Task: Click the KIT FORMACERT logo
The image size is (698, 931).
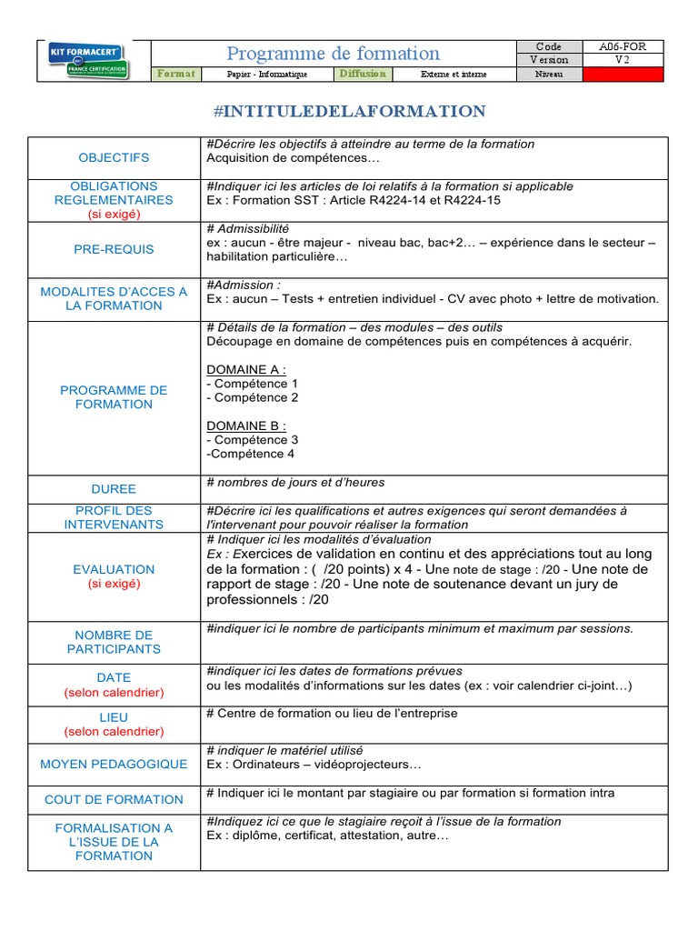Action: [x=88, y=60]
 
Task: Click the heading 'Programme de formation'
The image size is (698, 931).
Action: [x=333, y=54]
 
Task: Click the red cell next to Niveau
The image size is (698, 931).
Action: [x=623, y=75]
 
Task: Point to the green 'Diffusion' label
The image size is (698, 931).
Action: [x=363, y=74]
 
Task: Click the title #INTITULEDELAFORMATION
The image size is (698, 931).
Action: [x=349, y=112]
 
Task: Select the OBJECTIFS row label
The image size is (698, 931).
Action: [x=114, y=158]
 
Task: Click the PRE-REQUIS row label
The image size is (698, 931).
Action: [x=114, y=249]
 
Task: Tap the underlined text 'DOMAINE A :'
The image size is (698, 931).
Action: [x=246, y=369]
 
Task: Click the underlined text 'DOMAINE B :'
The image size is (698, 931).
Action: [x=246, y=425]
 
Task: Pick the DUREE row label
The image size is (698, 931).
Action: [x=114, y=488]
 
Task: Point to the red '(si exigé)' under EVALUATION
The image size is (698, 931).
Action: [x=114, y=584]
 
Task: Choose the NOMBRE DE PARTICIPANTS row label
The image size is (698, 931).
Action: [x=114, y=642]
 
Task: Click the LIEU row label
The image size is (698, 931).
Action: [x=114, y=717]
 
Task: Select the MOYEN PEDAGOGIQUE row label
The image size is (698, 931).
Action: [x=114, y=765]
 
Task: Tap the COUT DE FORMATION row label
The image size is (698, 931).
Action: [x=114, y=799]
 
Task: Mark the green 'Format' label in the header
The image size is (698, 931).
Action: [x=175, y=74]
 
